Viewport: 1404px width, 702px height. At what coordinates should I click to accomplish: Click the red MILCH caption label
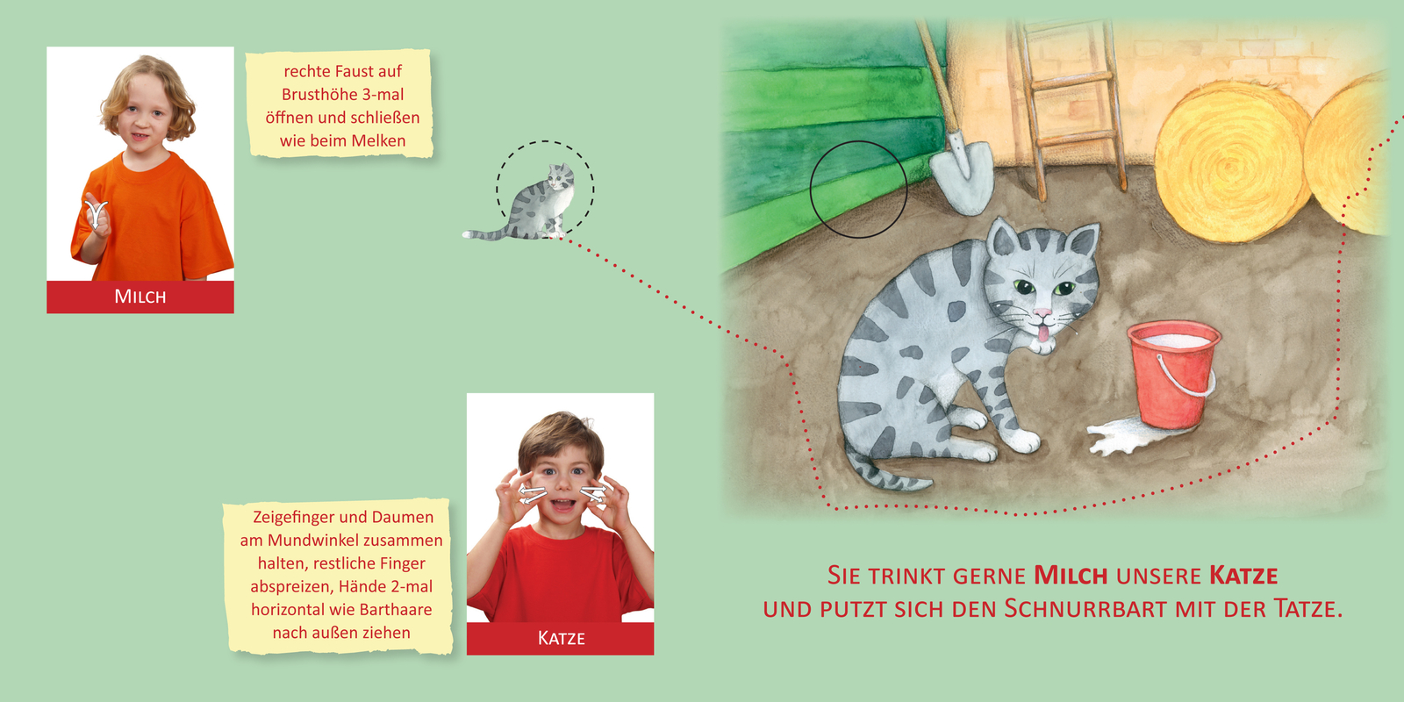pos(140,297)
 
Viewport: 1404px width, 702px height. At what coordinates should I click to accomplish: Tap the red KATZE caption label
pos(561,638)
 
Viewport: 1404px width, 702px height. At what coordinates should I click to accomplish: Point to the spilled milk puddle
pos(1119,436)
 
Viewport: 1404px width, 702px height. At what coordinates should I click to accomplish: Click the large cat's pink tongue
pos(1042,333)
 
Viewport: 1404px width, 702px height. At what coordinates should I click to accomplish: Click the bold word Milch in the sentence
pos(1071,576)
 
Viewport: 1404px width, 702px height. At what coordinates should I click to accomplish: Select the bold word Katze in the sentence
pos(1243,576)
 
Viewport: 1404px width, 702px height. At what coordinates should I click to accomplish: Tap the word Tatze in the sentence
pos(1307,609)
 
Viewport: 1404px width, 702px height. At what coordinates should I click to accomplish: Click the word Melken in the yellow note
pos(378,140)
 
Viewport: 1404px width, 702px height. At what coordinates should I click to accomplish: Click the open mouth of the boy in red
pos(562,507)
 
